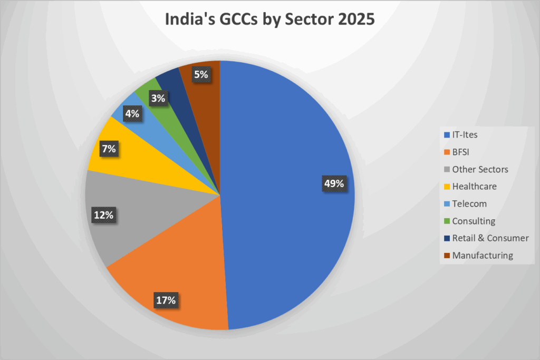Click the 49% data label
tap(333, 184)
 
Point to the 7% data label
tap(109, 149)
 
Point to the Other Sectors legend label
tap(480, 169)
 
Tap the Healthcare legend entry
tap(474, 187)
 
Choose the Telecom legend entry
tap(469, 203)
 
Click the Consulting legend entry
tap(474, 221)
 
